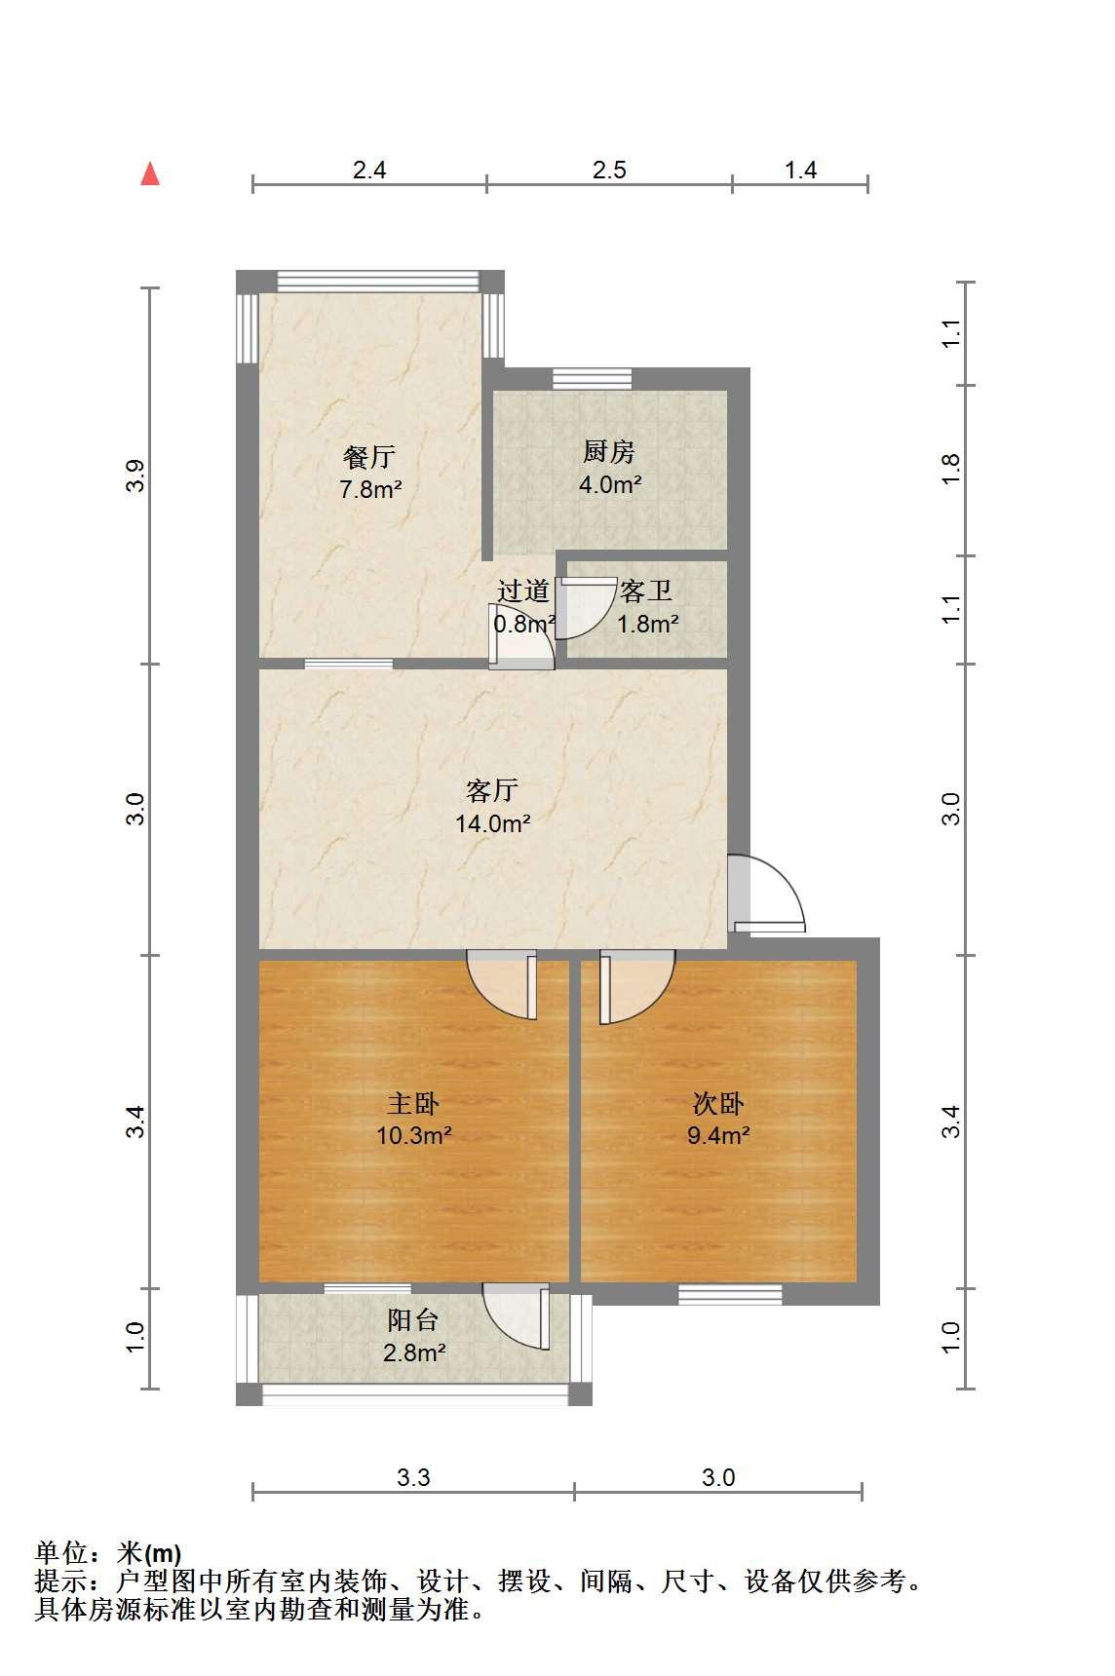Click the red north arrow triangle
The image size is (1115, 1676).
coord(150,173)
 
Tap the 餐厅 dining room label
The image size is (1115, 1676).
coord(369,456)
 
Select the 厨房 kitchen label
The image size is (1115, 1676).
coord(609,452)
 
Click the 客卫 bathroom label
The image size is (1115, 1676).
coord(646,590)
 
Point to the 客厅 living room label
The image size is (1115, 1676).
coord(492,789)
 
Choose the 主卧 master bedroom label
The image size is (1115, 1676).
coord(413,1103)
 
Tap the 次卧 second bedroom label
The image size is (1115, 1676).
coord(718,1103)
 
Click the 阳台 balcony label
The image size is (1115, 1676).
coord(413,1320)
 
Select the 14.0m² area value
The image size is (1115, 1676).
coord(492,823)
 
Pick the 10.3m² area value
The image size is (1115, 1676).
coord(413,1135)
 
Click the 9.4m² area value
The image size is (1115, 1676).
coord(718,1135)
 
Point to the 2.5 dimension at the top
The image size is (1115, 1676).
coord(609,171)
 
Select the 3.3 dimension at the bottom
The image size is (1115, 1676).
coord(413,1478)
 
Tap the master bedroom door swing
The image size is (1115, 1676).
coord(503,984)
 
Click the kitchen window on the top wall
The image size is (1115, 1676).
coord(592,378)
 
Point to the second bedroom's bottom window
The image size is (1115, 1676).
coord(730,1294)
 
